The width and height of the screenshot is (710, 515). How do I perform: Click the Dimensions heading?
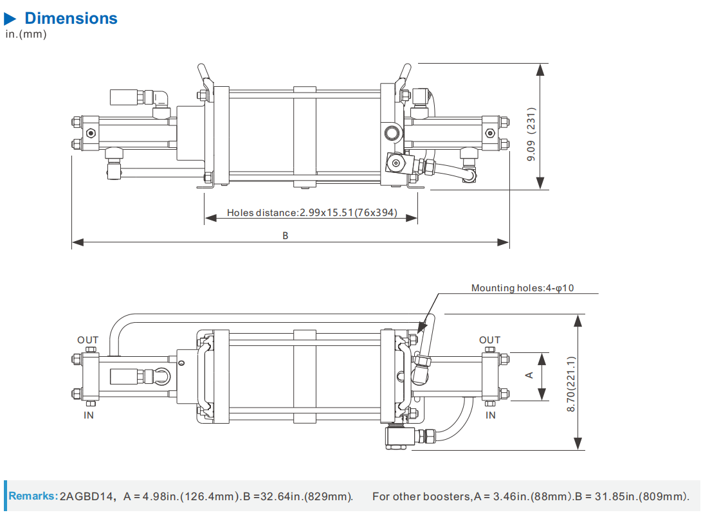point(71,18)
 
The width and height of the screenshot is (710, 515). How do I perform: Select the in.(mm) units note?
point(26,34)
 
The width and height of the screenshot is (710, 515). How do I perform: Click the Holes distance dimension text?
point(312,213)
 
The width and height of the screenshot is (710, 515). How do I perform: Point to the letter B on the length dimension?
point(286,236)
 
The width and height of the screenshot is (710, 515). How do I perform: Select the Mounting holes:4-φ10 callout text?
point(522,288)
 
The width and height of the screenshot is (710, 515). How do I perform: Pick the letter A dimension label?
point(530,375)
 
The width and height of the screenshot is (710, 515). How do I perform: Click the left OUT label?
point(88,340)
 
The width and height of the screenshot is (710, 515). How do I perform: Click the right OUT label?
point(489,340)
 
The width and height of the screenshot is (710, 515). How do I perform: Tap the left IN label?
point(89,415)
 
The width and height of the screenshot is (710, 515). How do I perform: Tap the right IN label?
point(490,415)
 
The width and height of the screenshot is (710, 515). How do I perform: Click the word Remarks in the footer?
point(33,496)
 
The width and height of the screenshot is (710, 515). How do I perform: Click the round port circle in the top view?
point(392,134)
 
